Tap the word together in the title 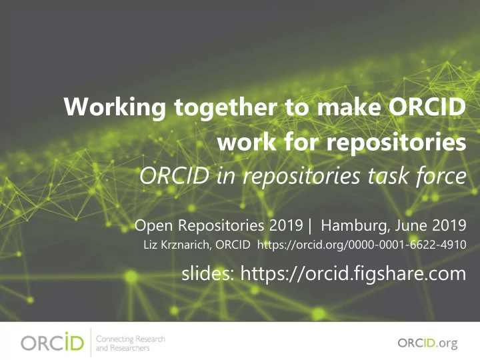(x=225, y=107)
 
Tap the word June (x=411, y=225)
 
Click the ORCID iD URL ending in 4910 (x=361, y=245)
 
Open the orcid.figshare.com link (x=353, y=273)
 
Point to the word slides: (x=208, y=273)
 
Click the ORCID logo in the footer (x=52, y=343)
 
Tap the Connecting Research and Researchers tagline (x=131, y=343)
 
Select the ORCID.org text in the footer (x=427, y=343)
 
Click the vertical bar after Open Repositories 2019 (x=311, y=226)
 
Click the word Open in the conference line (x=155, y=226)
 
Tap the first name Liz (x=149, y=245)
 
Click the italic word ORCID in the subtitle (x=175, y=176)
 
